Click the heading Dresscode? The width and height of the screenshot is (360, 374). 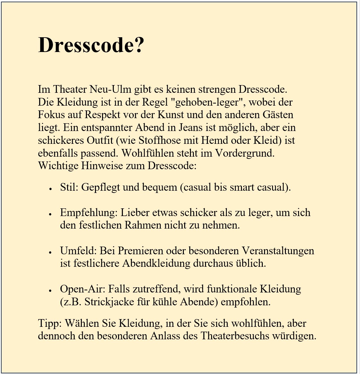click(x=91, y=45)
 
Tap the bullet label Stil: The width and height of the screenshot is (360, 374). click(x=69, y=187)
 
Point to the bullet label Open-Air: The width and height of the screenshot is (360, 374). click(x=82, y=289)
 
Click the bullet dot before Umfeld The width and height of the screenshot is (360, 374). click(x=51, y=252)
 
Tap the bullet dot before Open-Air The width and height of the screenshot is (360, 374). click(x=51, y=291)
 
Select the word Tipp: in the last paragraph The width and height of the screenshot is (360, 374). click(x=49, y=323)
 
